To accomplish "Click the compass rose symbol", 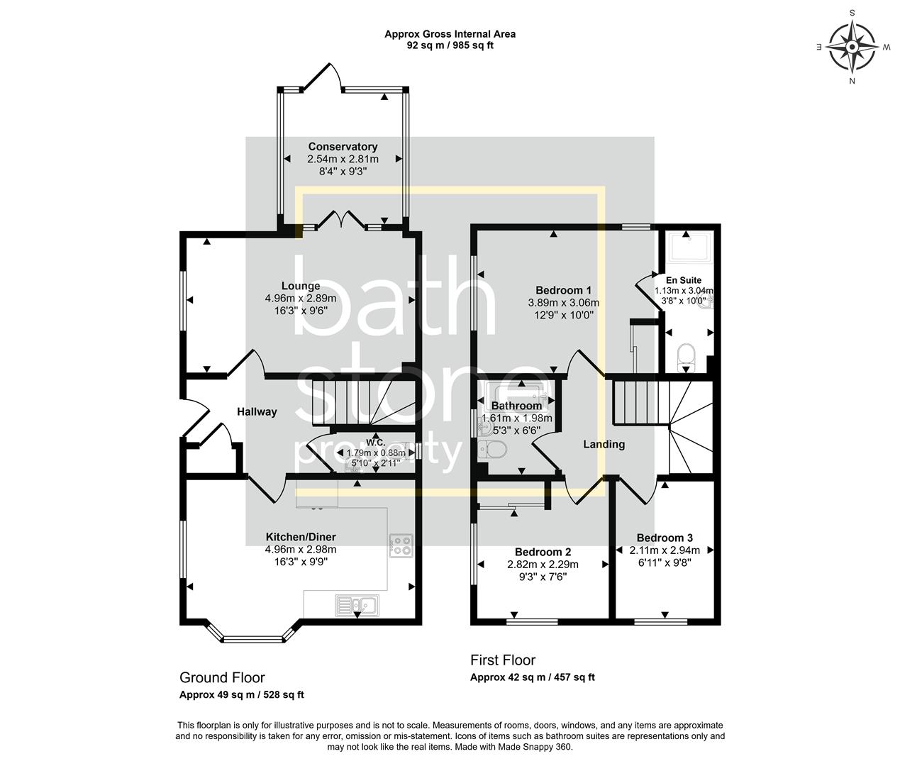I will coord(853,47).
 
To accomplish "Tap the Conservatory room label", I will coord(343,147).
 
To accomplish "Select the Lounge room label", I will coord(301,287).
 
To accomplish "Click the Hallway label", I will coord(257,411).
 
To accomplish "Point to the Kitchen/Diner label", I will coord(301,537).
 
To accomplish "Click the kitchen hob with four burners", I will coord(401,545).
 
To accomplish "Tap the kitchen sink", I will coord(357,605).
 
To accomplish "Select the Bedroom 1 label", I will coord(563,290).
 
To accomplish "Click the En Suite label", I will coord(684,280).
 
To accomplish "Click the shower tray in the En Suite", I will coord(686,248).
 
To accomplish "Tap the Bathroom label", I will coord(516,406).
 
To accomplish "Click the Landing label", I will coord(604,444).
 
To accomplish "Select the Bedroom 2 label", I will coord(543,552).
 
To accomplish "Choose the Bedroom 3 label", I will coord(665,538).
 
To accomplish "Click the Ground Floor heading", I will coord(222,677).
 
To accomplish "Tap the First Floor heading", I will coord(503,660).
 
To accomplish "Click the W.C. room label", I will coord(375,441).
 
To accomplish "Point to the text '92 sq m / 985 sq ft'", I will coord(450,45).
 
